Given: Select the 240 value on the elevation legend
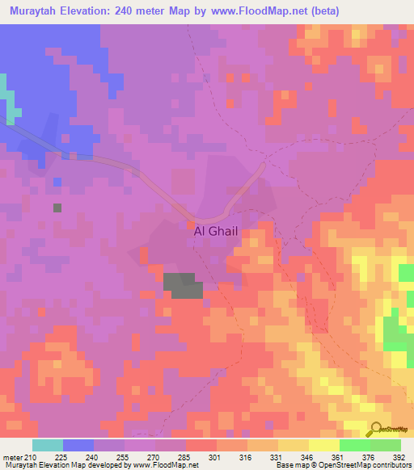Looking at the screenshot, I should pyautogui.click(x=94, y=459).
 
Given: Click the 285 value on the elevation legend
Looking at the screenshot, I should pyautogui.click(x=186, y=459).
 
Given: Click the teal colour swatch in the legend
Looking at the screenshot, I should pyautogui.click(x=48, y=445).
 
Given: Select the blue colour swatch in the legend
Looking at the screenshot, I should pyautogui.click(x=78, y=445).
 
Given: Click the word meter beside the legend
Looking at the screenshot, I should pyautogui.click(x=11, y=459).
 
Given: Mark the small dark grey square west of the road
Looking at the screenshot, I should pyautogui.click(x=57, y=208).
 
